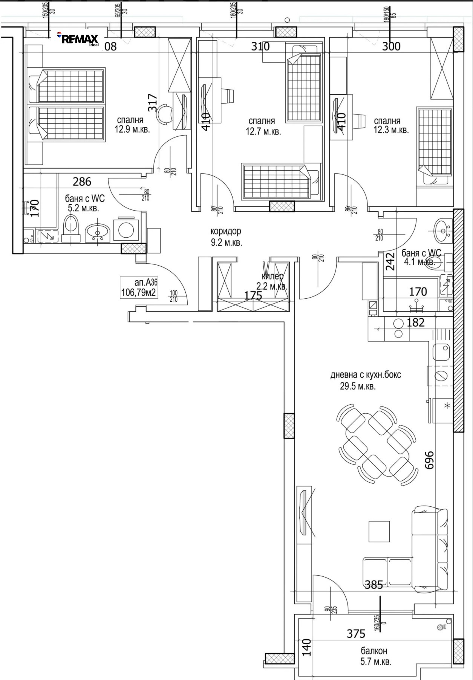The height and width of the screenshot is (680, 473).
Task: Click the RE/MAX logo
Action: pos(78,39)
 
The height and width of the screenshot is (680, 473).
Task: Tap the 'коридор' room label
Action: pos(226,231)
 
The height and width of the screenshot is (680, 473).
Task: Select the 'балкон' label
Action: pos(374,651)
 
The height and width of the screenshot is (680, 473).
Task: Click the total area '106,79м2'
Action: pos(138,292)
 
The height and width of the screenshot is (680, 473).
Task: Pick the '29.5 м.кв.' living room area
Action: pos(358,386)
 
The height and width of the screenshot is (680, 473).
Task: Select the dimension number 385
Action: pos(374,585)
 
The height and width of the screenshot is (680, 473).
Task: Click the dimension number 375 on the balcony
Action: pos(356,634)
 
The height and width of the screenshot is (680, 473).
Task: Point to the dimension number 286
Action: pos(82,182)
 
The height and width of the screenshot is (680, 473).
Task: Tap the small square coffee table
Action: pos(379,532)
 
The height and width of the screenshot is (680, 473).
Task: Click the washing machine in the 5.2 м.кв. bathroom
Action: pos(126,229)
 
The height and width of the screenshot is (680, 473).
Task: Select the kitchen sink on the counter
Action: pos(441,352)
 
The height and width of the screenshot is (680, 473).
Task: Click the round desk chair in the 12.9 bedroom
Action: pos(164,114)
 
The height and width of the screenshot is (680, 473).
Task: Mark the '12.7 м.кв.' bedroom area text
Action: pos(263,132)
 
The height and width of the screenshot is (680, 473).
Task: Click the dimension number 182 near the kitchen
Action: pos(416,322)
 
